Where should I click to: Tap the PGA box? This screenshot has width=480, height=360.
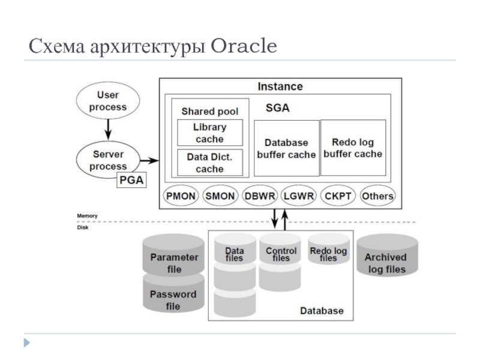pos(131,180)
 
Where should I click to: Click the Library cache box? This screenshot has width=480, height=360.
pos(209,133)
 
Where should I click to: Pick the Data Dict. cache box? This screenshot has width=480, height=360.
pos(209,163)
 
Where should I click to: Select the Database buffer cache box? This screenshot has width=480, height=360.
pos(286,148)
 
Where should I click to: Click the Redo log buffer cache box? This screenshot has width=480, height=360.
pos(353,148)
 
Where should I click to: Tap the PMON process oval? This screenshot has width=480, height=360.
pos(181,196)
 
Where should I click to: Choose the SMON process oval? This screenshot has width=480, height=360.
pos(220,196)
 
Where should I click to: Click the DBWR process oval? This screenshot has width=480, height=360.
pos(260,196)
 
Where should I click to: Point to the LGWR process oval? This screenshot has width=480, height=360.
pos(299,196)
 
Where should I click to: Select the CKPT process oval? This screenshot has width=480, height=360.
pos(338,196)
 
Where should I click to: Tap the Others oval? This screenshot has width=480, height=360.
pos(377,196)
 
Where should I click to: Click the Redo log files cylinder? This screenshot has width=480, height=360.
pos(328,255)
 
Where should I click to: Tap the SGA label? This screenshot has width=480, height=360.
pos(278,109)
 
